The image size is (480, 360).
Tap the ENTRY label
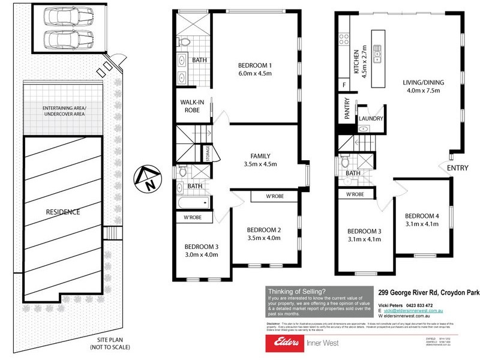457,169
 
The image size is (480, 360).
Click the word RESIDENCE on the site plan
63,212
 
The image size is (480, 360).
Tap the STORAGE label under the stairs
208,154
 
